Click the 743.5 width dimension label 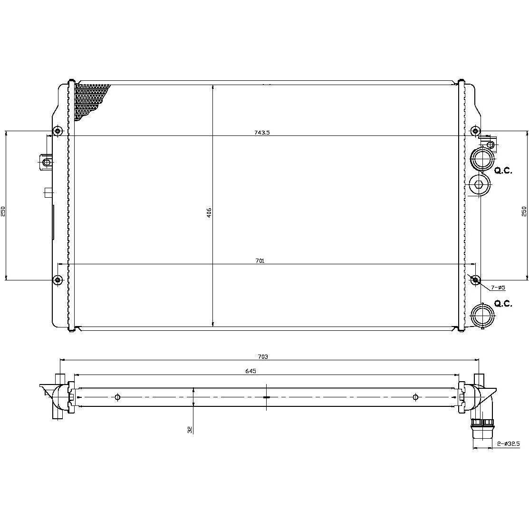[262, 133]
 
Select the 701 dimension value [260, 261]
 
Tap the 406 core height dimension [209, 212]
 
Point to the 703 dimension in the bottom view [263, 356]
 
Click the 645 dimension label [250, 371]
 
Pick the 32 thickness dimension [190, 430]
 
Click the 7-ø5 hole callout [498, 288]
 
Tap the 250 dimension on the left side [3, 211]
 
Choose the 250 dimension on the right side [524, 211]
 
